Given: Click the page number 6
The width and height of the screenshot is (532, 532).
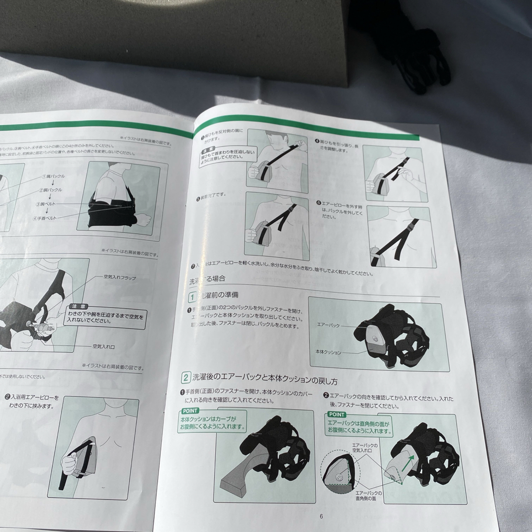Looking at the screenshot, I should [321, 517].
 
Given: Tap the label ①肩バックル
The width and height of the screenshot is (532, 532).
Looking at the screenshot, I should [53, 176].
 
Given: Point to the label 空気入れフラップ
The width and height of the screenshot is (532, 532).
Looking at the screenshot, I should [120, 277].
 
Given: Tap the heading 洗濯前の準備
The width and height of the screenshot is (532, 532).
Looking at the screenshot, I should [220, 295].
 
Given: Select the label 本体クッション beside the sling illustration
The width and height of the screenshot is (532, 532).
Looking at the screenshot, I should [329, 352].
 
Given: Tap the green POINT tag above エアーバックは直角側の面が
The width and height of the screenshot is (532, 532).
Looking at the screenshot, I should [335, 415].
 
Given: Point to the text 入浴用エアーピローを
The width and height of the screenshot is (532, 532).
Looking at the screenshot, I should [35, 397].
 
